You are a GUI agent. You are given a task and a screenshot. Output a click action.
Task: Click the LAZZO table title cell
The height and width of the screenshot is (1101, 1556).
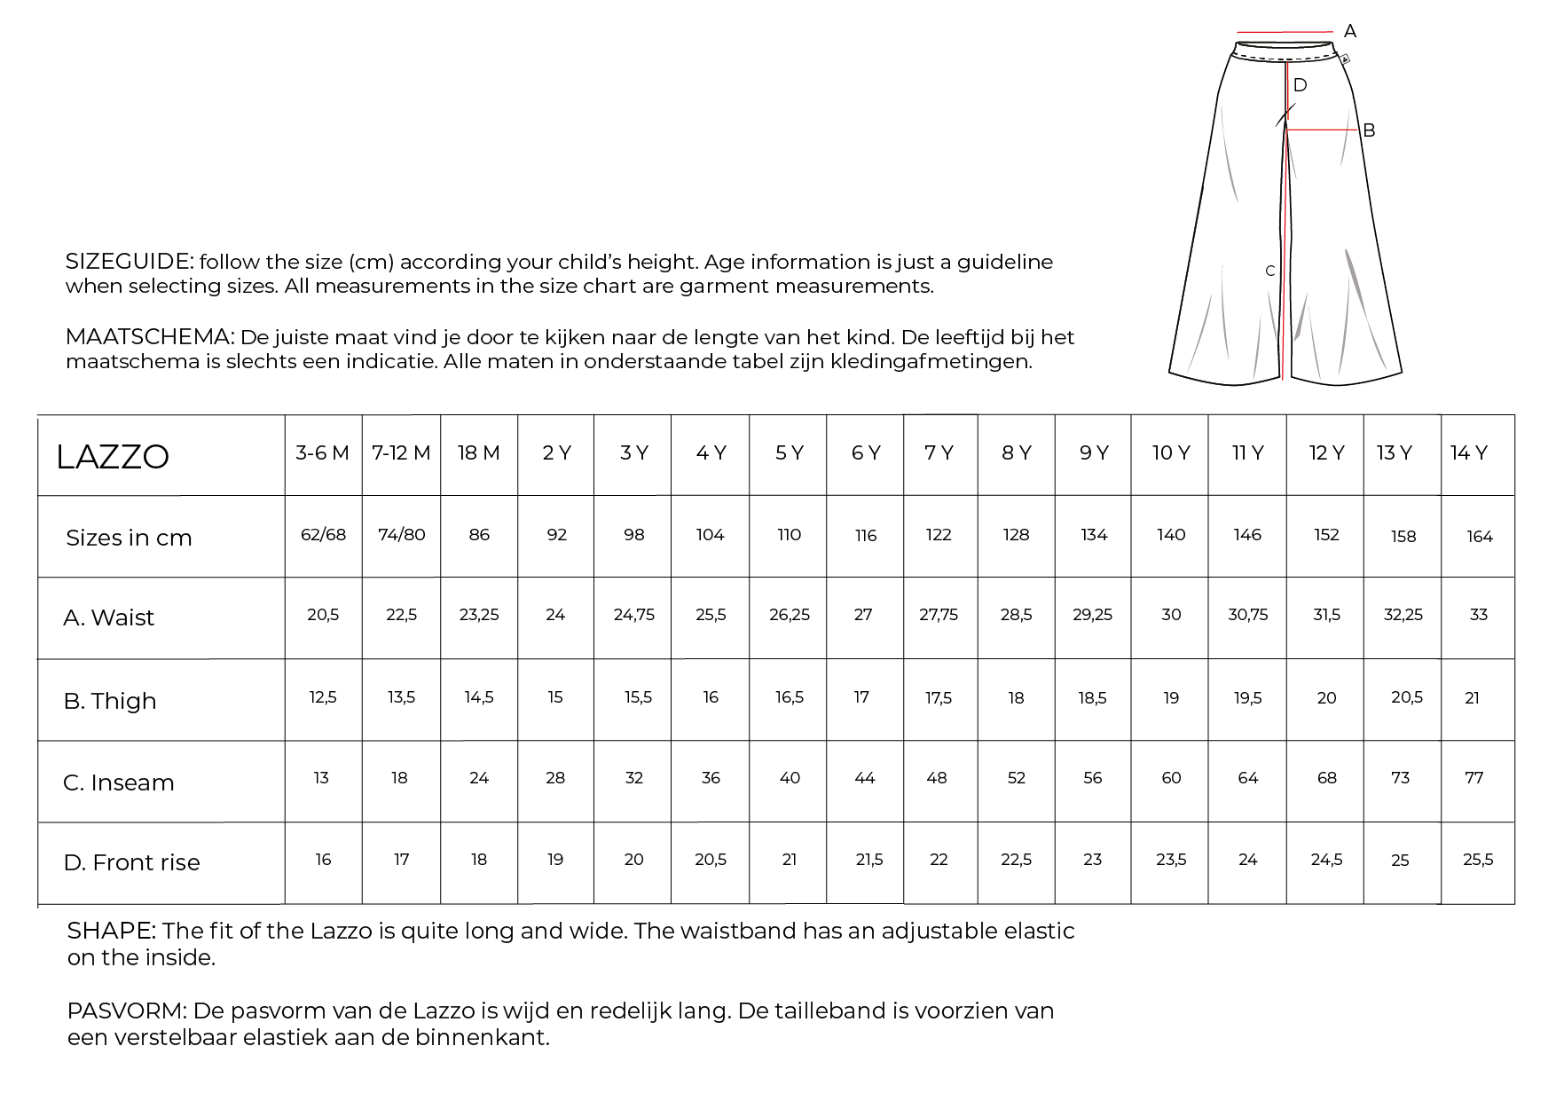tap(113, 457)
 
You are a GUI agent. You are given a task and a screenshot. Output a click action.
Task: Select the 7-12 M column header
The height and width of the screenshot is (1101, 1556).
tap(401, 453)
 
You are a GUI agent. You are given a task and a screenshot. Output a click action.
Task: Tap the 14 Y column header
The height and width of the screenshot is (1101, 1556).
tap(1468, 453)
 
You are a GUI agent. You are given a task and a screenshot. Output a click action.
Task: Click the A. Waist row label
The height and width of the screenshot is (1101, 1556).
tap(108, 617)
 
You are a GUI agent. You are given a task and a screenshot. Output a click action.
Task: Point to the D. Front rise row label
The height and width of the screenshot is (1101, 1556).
tap(131, 862)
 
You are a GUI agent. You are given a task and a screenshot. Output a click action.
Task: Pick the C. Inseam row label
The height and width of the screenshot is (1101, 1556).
tap(119, 782)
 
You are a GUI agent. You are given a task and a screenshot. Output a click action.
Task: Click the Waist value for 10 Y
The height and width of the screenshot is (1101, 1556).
tap(1171, 615)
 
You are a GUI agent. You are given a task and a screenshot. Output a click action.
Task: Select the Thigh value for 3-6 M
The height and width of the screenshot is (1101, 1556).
tap(323, 697)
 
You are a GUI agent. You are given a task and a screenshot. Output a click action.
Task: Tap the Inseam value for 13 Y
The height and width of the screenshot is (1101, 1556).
tap(1401, 778)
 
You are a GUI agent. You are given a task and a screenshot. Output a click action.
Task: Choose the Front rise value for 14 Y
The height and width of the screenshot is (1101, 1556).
tap(1478, 860)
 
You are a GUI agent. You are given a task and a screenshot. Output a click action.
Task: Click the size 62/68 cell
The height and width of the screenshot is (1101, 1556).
tap(323, 535)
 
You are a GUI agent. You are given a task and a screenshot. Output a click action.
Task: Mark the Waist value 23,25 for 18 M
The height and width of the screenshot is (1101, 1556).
tap(479, 615)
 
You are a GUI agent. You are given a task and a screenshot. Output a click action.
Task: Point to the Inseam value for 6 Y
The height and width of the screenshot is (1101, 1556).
tap(865, 778)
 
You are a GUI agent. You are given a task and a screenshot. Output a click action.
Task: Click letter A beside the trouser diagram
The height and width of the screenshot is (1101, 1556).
tap(1350, 32)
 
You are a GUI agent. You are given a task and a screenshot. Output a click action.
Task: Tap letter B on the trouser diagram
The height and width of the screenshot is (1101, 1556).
tap(1369, 131)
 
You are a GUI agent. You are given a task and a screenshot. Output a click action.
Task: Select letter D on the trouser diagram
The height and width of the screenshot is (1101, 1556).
tap(1300, 86)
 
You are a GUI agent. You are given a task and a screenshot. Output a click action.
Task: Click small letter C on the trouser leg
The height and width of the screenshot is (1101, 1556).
tap(1269, 271)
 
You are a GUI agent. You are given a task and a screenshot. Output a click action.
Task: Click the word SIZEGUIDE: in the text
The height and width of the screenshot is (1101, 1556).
tap(130, 262)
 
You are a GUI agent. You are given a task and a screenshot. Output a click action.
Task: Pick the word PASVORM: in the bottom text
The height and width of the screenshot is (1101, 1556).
tap(127, 1011)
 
